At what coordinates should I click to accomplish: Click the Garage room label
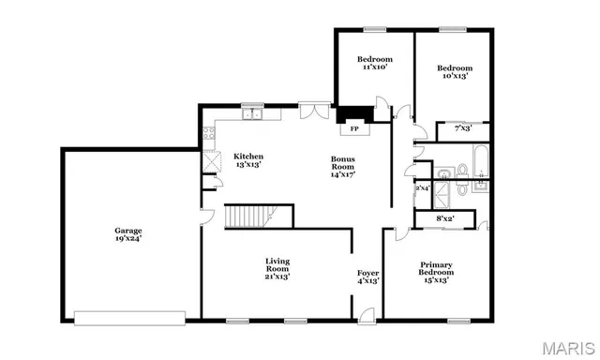pyautogui.click(x=128, y=233)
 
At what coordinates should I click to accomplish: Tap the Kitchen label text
pyautogui.click(x=248, y=160)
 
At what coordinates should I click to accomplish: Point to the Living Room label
pyautogui.click(x=277, y=270)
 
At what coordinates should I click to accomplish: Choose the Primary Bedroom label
pyautogui.click(x=435, y=272)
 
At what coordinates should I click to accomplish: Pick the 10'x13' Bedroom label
pyautogui.click(x=456, y=71)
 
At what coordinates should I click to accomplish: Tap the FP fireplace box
pyautogui.click(x=354, y=128)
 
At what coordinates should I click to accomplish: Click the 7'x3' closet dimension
pyautogui.click(x=462, y=127)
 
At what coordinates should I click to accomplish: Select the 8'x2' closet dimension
pyautogui.click(x=445, y=218)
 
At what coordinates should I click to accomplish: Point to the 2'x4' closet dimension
pyautogui.click(x=422, y=188)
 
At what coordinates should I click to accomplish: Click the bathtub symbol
pyautogui.click(x=478, y=162)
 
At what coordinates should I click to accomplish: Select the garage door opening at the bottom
pyautogui.click(x=137, y=317)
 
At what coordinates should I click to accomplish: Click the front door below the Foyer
pyautogui.click(x=367, y=315)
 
